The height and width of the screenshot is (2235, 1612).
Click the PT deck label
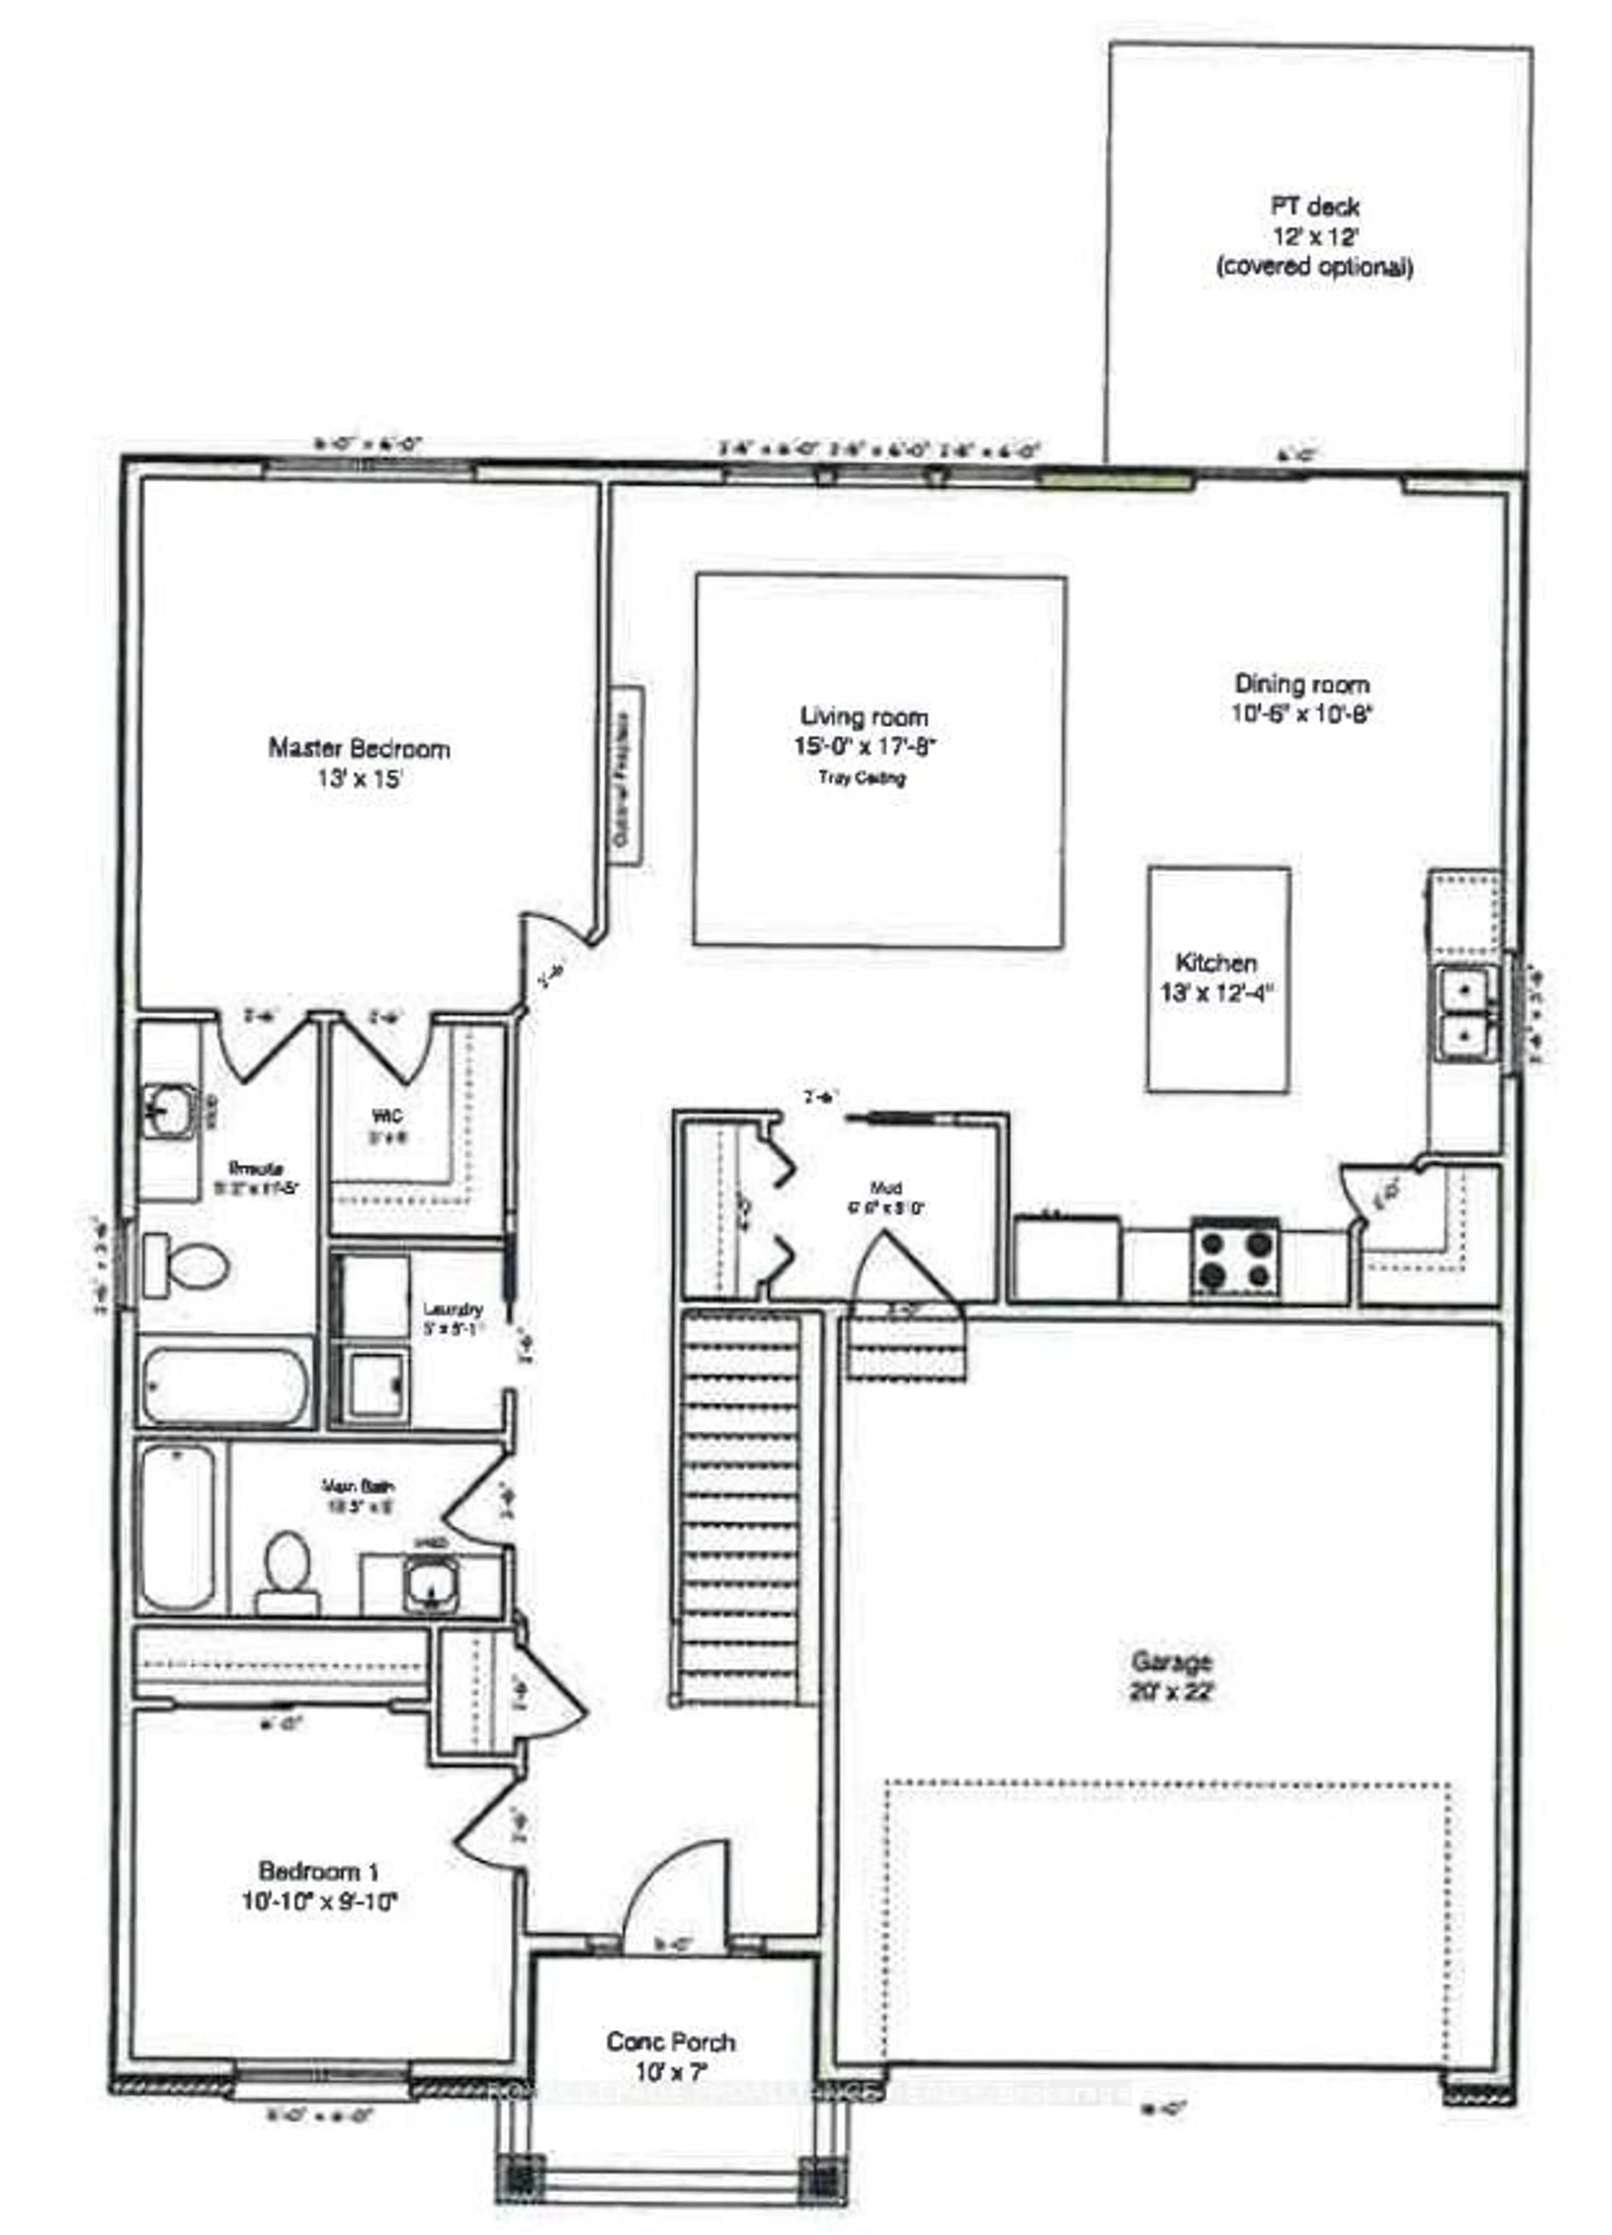(1314, 236)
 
